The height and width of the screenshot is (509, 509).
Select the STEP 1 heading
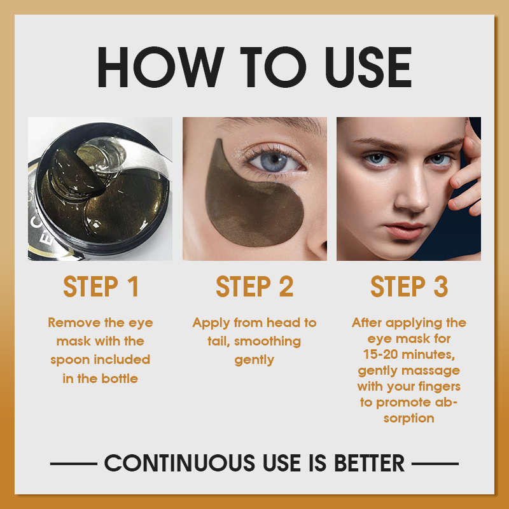(101, 287)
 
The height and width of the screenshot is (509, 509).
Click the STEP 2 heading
(254, 287)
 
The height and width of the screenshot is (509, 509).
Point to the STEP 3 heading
(409, 287)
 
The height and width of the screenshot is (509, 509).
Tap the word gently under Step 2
(254, 360)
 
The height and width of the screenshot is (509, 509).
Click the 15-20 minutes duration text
(409, 354)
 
